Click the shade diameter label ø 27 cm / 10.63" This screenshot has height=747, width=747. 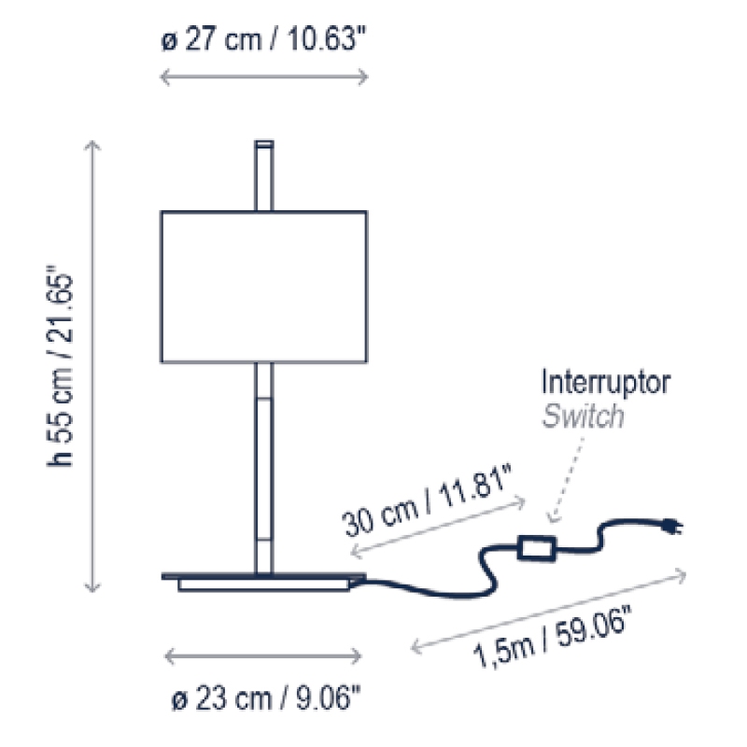(263, 38)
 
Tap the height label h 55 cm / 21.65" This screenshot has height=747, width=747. (61, 366)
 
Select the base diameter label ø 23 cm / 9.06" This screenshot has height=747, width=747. (266, 698)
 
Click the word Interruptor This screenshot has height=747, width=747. (605, 382)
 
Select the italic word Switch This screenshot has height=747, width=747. (583, 416)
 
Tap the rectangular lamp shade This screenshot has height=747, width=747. (264, 287)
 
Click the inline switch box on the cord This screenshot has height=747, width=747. (536, 548)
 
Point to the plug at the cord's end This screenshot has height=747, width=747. (672, 527)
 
